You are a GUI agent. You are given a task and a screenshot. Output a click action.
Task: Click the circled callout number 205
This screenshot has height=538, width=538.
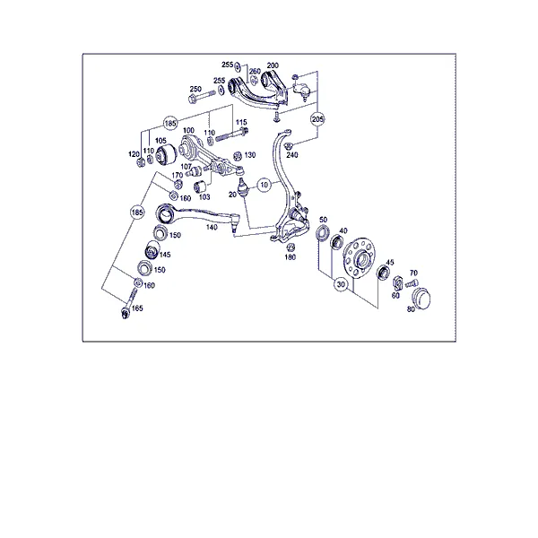pyautogui.click(x=317, y=119)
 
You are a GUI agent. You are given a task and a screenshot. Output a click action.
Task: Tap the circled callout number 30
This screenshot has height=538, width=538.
pyautogui.click(x=341, y=284)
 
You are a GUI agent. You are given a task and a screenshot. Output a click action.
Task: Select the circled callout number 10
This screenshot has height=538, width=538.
pyautogui.click(x=264, y=186)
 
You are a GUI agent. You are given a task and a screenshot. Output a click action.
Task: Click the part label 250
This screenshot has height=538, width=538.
pyautogui.click(x=195, y=89)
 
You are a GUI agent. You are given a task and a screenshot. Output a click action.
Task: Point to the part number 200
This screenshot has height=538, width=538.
pyautogui.click(x=273, y=65)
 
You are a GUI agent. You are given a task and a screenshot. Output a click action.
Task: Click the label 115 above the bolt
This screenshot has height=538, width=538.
pyautogui.click(x=241, y=123)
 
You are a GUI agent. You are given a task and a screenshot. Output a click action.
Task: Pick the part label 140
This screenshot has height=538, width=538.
pyautogui.click(x=212, y=227)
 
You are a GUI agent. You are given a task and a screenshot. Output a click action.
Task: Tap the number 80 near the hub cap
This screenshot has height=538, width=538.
pyautogui.click(x=411, y=309)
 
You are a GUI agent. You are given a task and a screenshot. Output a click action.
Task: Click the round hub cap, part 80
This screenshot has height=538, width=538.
pyautogui.click(x=421, y=299)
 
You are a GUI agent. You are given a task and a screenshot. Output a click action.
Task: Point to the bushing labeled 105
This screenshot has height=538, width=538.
pyautogui.click(x=166, y=154)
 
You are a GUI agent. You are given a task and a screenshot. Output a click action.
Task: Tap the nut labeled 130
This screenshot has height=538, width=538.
pyautogui.click(x=237, y=156)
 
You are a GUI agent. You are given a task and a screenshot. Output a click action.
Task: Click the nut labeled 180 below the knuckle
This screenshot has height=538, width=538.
pyautogui.click(x=291, y=247)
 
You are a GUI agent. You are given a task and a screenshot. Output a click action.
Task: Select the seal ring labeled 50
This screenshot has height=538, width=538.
pyautogui.click(x=323, y=233)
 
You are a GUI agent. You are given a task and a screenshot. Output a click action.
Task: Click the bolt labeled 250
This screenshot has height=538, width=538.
pyautogui.click(x=202, y=96)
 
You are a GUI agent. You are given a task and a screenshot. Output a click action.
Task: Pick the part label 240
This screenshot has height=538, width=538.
pyautogui.click(x=292, y=155)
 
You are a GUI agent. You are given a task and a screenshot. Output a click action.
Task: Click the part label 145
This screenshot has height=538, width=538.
pyautogui.click(x=165, y=255)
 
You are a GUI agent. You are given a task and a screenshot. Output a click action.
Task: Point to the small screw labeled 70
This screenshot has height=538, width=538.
pyautogui.click(x=412, y=283)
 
